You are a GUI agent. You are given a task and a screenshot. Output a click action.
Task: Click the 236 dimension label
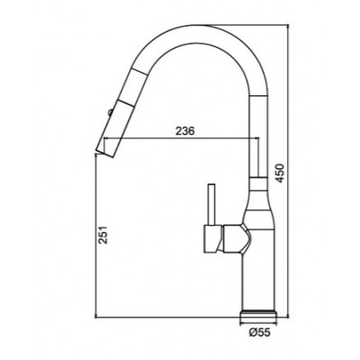tap(185, 130)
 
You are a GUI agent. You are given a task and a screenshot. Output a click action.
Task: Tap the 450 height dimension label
tap(280, 173)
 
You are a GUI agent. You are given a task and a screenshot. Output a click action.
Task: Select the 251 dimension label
tap(103, 234)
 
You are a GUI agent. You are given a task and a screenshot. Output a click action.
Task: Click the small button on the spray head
tap(110, 112)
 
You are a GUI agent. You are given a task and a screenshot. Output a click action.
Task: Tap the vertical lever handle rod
tap(212, 204)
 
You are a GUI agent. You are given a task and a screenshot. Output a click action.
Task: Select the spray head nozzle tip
tap(105, 150)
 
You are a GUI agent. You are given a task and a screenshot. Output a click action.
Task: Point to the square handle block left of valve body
tap(213, 238)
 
